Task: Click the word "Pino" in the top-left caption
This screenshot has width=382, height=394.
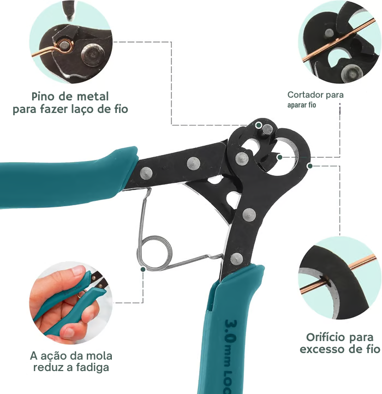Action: [42, 97]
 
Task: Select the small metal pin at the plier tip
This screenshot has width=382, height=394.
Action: [267, 129]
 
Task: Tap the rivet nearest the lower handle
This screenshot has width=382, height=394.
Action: [236, 258]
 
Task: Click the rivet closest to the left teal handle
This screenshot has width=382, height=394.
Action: [146, 173]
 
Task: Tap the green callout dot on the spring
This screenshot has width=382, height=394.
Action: [143, 268]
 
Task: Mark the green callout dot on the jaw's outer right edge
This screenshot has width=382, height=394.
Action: [309, 165]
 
